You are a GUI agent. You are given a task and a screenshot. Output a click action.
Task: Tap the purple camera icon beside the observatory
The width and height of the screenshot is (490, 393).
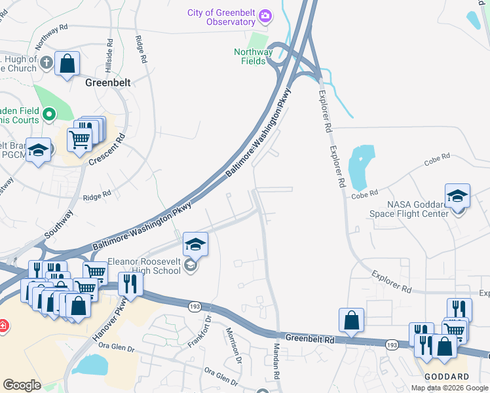[x=265, y=15]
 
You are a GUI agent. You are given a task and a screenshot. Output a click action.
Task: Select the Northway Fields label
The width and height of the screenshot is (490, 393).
[x=254, y=56]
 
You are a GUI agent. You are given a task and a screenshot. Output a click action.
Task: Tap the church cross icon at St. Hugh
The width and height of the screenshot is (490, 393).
[x=46, y=63]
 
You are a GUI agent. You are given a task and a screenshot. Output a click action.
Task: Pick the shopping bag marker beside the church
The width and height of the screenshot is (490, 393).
[x=67, y=64]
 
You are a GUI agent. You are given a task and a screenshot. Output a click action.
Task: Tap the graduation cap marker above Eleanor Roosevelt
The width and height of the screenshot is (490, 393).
[x=195, y=244]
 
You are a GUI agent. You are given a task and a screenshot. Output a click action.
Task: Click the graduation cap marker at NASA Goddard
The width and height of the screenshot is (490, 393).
[x=457, y=195]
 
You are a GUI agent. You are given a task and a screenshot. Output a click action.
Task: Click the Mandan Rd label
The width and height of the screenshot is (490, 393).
[x=276, y=360]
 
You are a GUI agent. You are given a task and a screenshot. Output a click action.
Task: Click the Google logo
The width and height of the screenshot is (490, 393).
[x=22, y=385]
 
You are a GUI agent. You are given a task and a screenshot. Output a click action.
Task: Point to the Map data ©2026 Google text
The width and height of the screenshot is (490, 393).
[x=449, y=388]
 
